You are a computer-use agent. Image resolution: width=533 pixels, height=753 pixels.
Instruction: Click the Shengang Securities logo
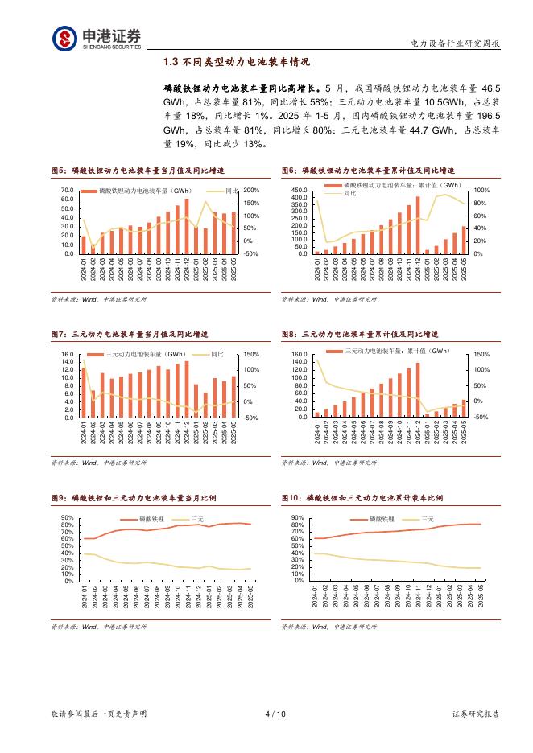tap(97, 38)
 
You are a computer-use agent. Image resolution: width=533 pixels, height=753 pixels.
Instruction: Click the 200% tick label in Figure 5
tap(250, 191)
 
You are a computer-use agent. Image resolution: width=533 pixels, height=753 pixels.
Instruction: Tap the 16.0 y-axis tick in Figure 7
tap(68, 354)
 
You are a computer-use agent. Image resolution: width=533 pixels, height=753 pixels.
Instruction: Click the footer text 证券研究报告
tap(475, 714)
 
